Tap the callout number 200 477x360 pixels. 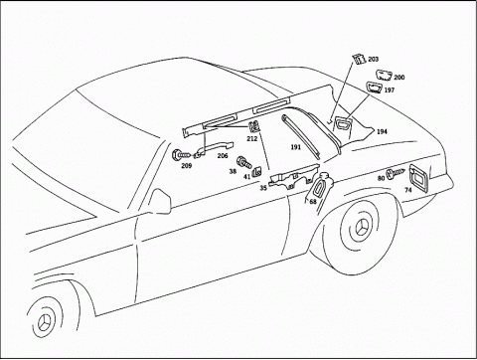(x=399, y=77)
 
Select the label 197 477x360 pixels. (x=389, y=90)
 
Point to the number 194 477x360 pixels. (x=382, y=130)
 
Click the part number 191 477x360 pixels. (x=296, y=147)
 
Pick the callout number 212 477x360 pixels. (x=251, y=139)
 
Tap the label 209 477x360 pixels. (x=185, y=165)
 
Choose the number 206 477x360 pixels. (x=223, y=155)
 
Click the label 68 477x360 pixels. (x=313, y=202)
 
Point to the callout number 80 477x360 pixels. (x=381, y=178)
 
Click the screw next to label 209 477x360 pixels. (x=178, y=154)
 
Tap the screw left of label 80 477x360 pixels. (x=395, y=172)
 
